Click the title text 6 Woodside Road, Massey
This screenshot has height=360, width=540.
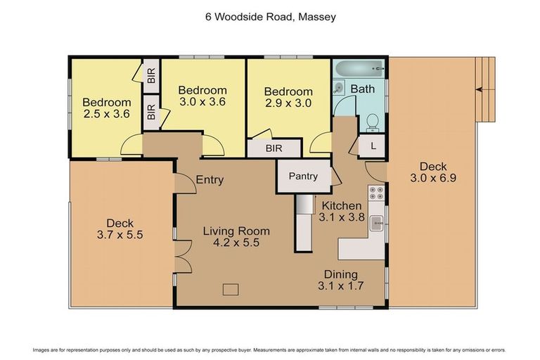[270, 16]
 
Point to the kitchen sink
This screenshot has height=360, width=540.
[377, 224]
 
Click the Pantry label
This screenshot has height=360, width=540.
[303, 176]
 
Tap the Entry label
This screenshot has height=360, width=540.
[210, 180]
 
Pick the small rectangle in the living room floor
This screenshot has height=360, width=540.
[231, 288]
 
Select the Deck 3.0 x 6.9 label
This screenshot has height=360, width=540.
[433, 172]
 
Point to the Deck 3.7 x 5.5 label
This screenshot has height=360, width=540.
[120, 229]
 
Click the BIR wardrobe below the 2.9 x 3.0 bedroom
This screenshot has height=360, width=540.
[274, 149]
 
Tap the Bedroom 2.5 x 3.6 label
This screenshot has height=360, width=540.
[106, 107]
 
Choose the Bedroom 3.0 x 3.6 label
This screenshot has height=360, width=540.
[202, 96]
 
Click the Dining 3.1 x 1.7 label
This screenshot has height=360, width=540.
[341, 280]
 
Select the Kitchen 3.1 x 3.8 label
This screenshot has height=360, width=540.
[342, 212]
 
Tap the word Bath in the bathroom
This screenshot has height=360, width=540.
[363, 89]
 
